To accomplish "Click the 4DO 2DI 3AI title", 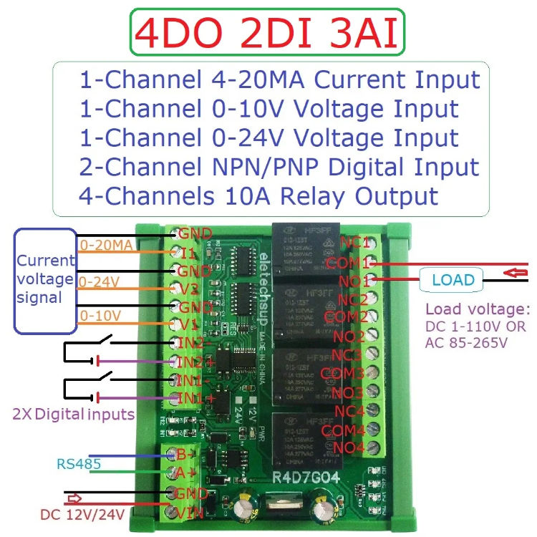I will click(266, 34).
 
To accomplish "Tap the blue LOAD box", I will click(453, 279).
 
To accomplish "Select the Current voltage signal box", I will click(46, 279).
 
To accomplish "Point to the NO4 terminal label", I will click(347, 447).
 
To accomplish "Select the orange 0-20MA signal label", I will click(106, 246).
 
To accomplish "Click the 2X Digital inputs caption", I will click(74, 413).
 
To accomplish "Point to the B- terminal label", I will click(187, 453).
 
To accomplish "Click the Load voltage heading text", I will click(477, 310).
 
